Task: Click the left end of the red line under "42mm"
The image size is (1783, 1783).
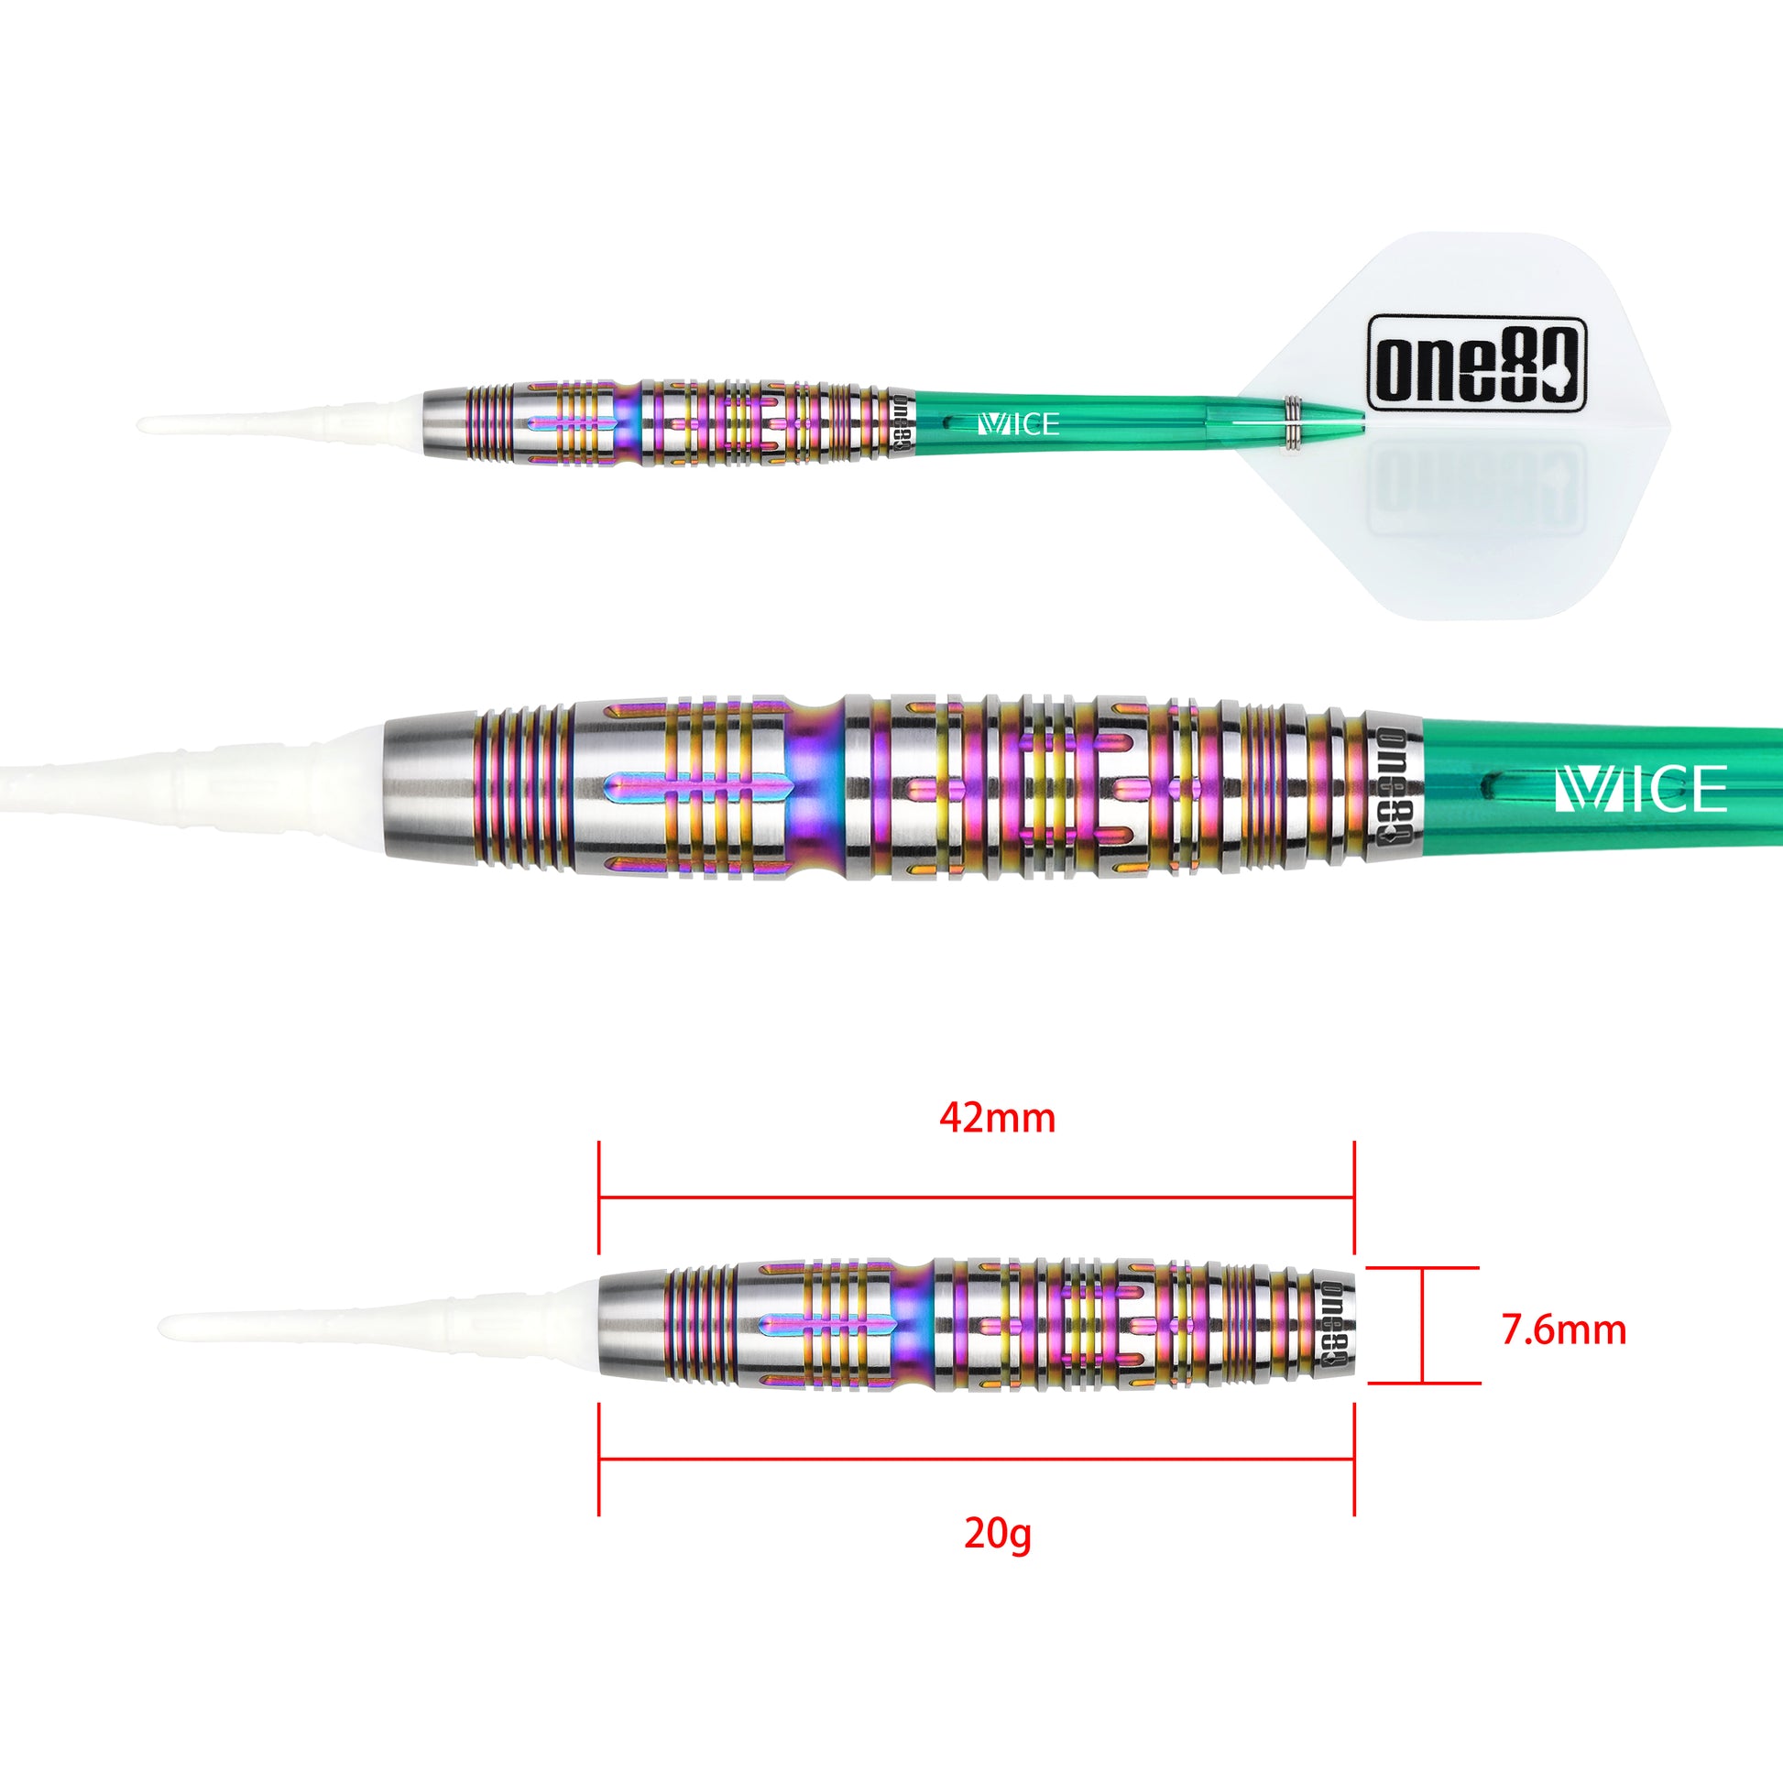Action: point(600,1198)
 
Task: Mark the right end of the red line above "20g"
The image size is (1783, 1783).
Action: point(1354,1458)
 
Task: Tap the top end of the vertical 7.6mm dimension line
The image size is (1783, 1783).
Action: point(1423,1268)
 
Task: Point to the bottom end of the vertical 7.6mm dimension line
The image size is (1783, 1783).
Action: point(1423,1384)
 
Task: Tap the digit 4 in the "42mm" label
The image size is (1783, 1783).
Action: point(951,1119)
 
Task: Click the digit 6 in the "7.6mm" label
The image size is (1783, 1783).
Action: point(1538,1329)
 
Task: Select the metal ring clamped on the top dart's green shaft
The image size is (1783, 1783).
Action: point(1292,423)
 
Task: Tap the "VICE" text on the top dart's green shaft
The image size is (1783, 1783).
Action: point(1017,424)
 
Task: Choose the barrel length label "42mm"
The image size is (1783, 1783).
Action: point(998,1119)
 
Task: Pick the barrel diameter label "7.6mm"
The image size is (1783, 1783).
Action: point(1564,1329)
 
